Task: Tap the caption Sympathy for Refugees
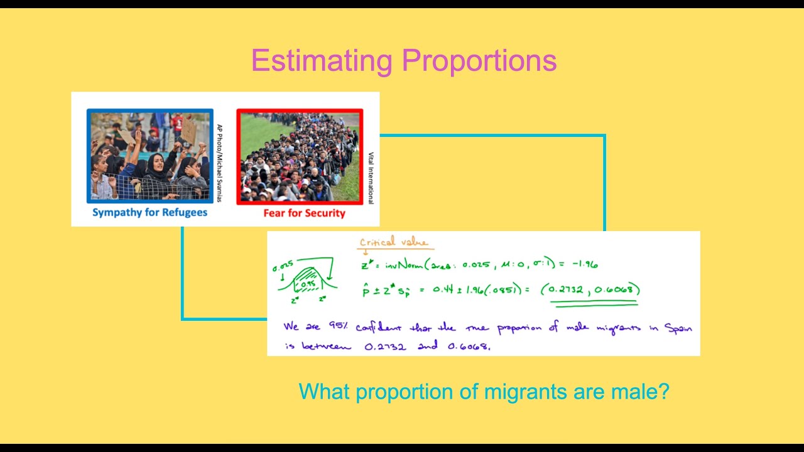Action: (149, 212)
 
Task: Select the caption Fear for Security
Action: (304, 213)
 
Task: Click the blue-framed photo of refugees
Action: (149, 157)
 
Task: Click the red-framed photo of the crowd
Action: (300, 157)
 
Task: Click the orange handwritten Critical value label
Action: (393, 242)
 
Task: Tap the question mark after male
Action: (664, 392)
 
